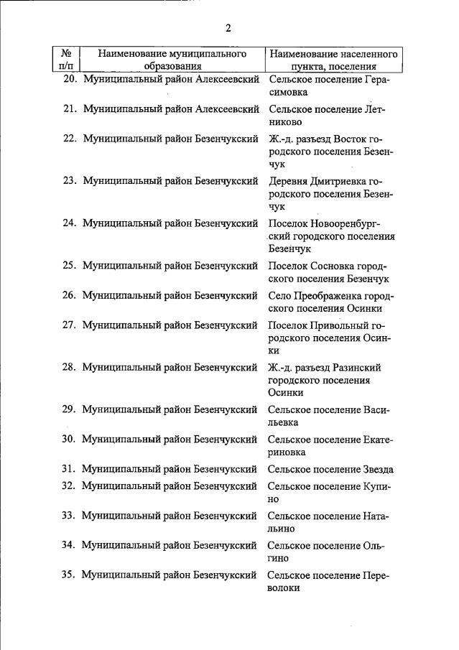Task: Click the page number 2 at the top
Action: tap(228, 29)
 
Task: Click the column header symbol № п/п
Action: tap(65, 60)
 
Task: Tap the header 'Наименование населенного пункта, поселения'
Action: tap(333, 60)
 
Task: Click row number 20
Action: tap(70, 80)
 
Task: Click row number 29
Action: tap(70, 409)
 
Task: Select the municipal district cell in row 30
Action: tap(170, 439)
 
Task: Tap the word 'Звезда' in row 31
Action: tap(377, 469)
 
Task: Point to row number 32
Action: tap(70, 486)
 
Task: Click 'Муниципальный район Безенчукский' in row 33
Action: tap(170, 515)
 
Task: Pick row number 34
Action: tap(70, 545)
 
